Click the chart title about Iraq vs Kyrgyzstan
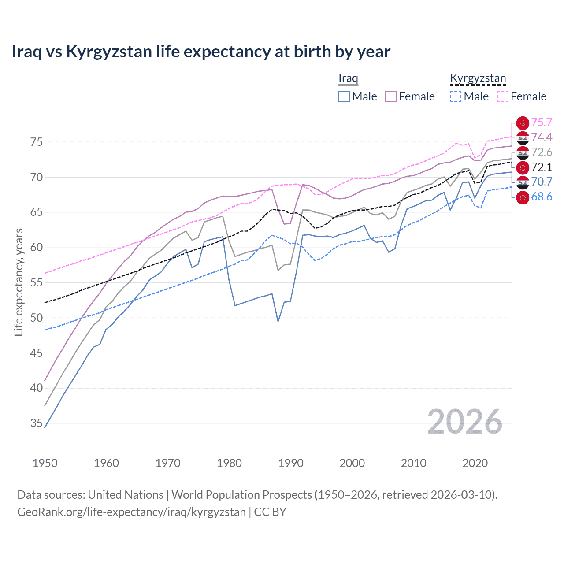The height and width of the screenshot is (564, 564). click(201, 52)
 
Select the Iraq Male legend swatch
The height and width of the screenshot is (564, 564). click(344, 96)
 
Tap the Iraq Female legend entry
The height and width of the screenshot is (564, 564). click(410, 96)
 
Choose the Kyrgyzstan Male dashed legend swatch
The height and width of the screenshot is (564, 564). click(456, 96)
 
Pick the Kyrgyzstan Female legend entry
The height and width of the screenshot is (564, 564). click(522, 96)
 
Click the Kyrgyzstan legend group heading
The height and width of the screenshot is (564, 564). click(478, 78)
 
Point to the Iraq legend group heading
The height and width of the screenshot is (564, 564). click(348, 78)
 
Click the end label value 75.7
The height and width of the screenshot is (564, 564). click(542, 122)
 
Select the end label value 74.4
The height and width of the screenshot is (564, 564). click(542, 137)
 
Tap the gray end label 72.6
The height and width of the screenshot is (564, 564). click(542, 152)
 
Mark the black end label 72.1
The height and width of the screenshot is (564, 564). click(542, 167)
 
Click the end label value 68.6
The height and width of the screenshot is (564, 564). click(542, 197)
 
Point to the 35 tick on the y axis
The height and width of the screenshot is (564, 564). click(36, 423)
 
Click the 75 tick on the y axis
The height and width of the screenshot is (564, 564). click(36, 142)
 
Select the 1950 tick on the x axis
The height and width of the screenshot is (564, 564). click(45, 463)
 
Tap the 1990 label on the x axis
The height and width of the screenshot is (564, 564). click(291, 463)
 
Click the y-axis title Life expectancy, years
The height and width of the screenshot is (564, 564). click(19, 282)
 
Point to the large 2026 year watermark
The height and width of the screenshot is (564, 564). click(465, 422)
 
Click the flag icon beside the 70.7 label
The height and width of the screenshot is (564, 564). click(523, 182)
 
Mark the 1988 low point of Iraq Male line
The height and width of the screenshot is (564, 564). click(278, 322)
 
